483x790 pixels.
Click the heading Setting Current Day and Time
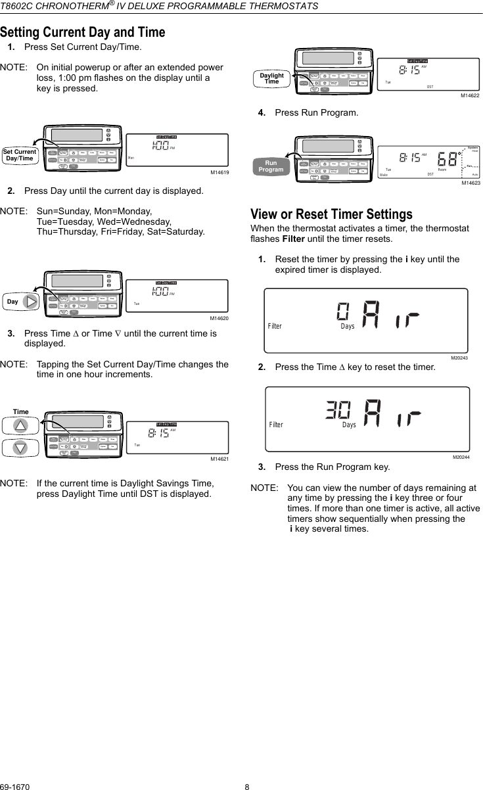pyautogui.click(x=82, y=32)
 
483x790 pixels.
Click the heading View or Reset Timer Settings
pyautogui.click(x=331, y=214)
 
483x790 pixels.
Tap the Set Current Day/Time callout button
pyautogui.click(x=19, y=155)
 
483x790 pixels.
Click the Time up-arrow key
pyautogui.click(x=21, y=425)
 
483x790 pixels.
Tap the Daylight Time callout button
pyautogui.click(x=271, y=79)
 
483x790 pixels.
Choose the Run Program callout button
pyautogui.click(x=271, y=166)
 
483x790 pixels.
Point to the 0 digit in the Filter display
pyautogui.click(x=343, y=311)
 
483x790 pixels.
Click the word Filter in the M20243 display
pyautogui.click(x=275, y=327)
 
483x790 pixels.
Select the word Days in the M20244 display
pyautogui.click(x=349, y=425)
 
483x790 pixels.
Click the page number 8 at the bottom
pyautogui.click(x=247, y=785)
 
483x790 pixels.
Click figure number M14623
pyautogui.click(x=470, y=183)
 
